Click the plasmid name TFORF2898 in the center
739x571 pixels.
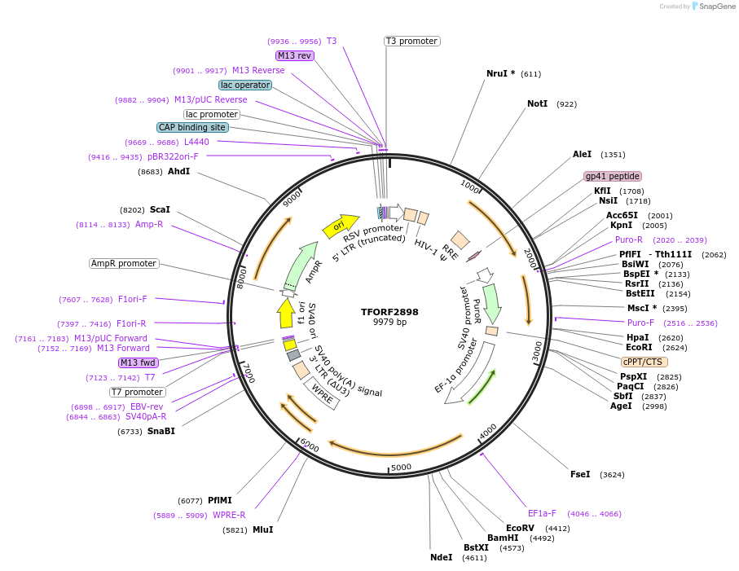389,312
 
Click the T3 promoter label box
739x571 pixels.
411,41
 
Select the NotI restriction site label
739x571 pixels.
537,104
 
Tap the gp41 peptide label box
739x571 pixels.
612,176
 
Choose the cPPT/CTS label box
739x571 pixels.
644,362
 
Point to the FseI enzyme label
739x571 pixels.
580,474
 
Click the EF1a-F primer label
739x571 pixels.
542,513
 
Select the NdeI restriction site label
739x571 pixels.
441,557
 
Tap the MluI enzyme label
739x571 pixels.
262,529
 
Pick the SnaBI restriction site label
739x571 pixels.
161,431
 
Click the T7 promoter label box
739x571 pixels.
137,392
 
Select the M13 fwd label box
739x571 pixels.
139,362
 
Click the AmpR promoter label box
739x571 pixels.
124,263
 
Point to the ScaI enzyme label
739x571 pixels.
160,209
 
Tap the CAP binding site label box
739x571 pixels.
192,127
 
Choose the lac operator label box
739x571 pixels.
244,85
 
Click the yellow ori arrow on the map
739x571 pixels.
341,226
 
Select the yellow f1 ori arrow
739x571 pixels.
285,313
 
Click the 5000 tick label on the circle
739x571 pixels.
400,468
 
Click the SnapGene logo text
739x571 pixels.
718,7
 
